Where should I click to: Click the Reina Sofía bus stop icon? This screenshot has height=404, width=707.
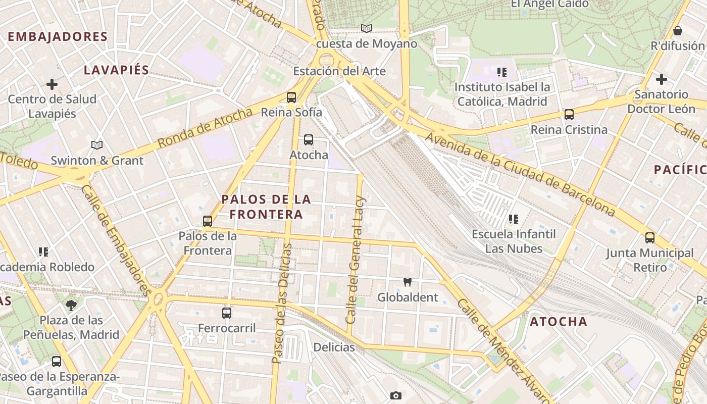(x=291, y=97)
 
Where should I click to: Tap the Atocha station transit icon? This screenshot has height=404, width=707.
(x=309, y=140)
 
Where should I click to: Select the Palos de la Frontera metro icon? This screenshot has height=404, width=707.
(x=208, y=221)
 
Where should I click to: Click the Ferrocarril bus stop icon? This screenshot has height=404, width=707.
(x=227, y=313)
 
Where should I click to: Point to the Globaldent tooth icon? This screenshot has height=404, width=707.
(x=408, y=282)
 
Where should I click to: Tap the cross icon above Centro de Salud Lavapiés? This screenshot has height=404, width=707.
(x=52, y=84)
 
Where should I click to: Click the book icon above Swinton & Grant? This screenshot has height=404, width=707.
(x=97, y=145)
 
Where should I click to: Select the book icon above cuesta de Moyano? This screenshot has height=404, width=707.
(x=367, y=29)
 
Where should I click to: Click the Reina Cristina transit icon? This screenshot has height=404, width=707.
(x=569, y=115)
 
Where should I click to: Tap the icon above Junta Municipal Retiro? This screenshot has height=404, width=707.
(x=650, y=237)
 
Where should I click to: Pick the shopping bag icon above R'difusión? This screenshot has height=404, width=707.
(x=678, y=31)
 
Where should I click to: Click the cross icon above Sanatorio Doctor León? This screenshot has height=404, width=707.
(x=661, y=79)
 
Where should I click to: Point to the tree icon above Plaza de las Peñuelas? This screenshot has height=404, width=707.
(x=71, y=305)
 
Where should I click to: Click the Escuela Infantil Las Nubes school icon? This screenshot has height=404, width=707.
(x=514, y=219)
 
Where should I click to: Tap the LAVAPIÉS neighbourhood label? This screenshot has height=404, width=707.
(x=117, y=70)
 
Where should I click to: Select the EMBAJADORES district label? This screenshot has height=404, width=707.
(x=58, y=37)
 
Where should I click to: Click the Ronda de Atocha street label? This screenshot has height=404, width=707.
(x=205, y=128)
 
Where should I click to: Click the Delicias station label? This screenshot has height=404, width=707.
(x=334, y=347)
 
